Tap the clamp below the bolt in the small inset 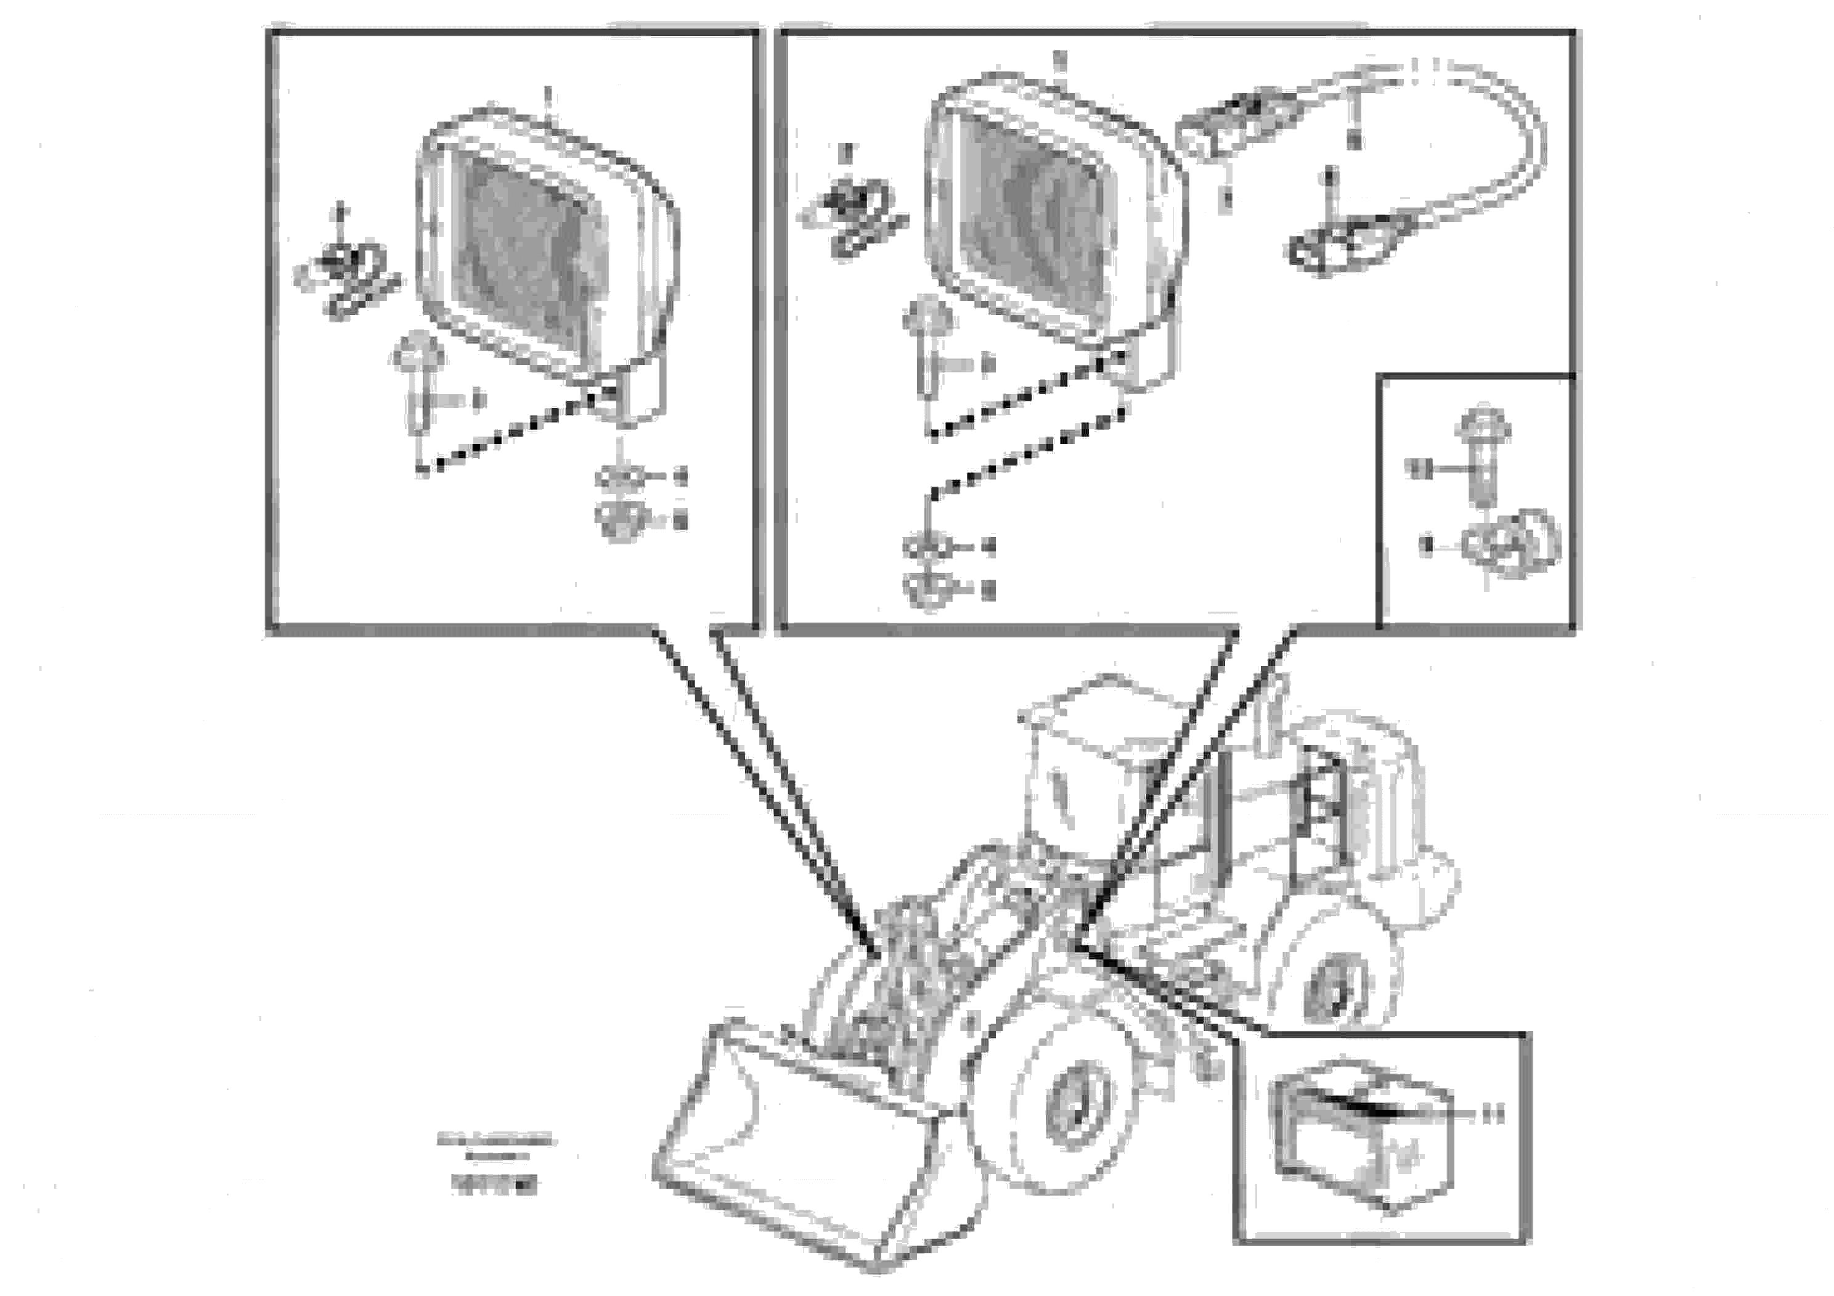1510,543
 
